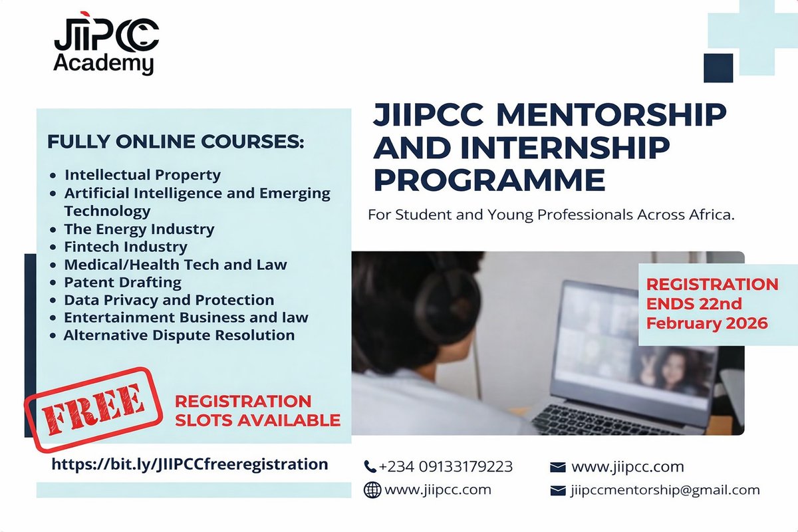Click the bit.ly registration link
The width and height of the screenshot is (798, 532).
coord(190,464)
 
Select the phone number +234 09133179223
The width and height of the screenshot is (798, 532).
coord(446,467)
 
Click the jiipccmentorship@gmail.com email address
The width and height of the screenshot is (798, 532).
coord(664,491)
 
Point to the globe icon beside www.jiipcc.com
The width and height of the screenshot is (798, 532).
coord(372,491)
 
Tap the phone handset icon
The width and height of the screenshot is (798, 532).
coord(370,467)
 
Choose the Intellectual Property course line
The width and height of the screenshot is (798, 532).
coord(142,176)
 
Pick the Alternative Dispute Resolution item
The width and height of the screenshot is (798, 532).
coord(179,336)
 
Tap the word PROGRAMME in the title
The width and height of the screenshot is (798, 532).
coord(489,180)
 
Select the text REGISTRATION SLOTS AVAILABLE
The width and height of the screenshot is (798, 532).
coord(257,411)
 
